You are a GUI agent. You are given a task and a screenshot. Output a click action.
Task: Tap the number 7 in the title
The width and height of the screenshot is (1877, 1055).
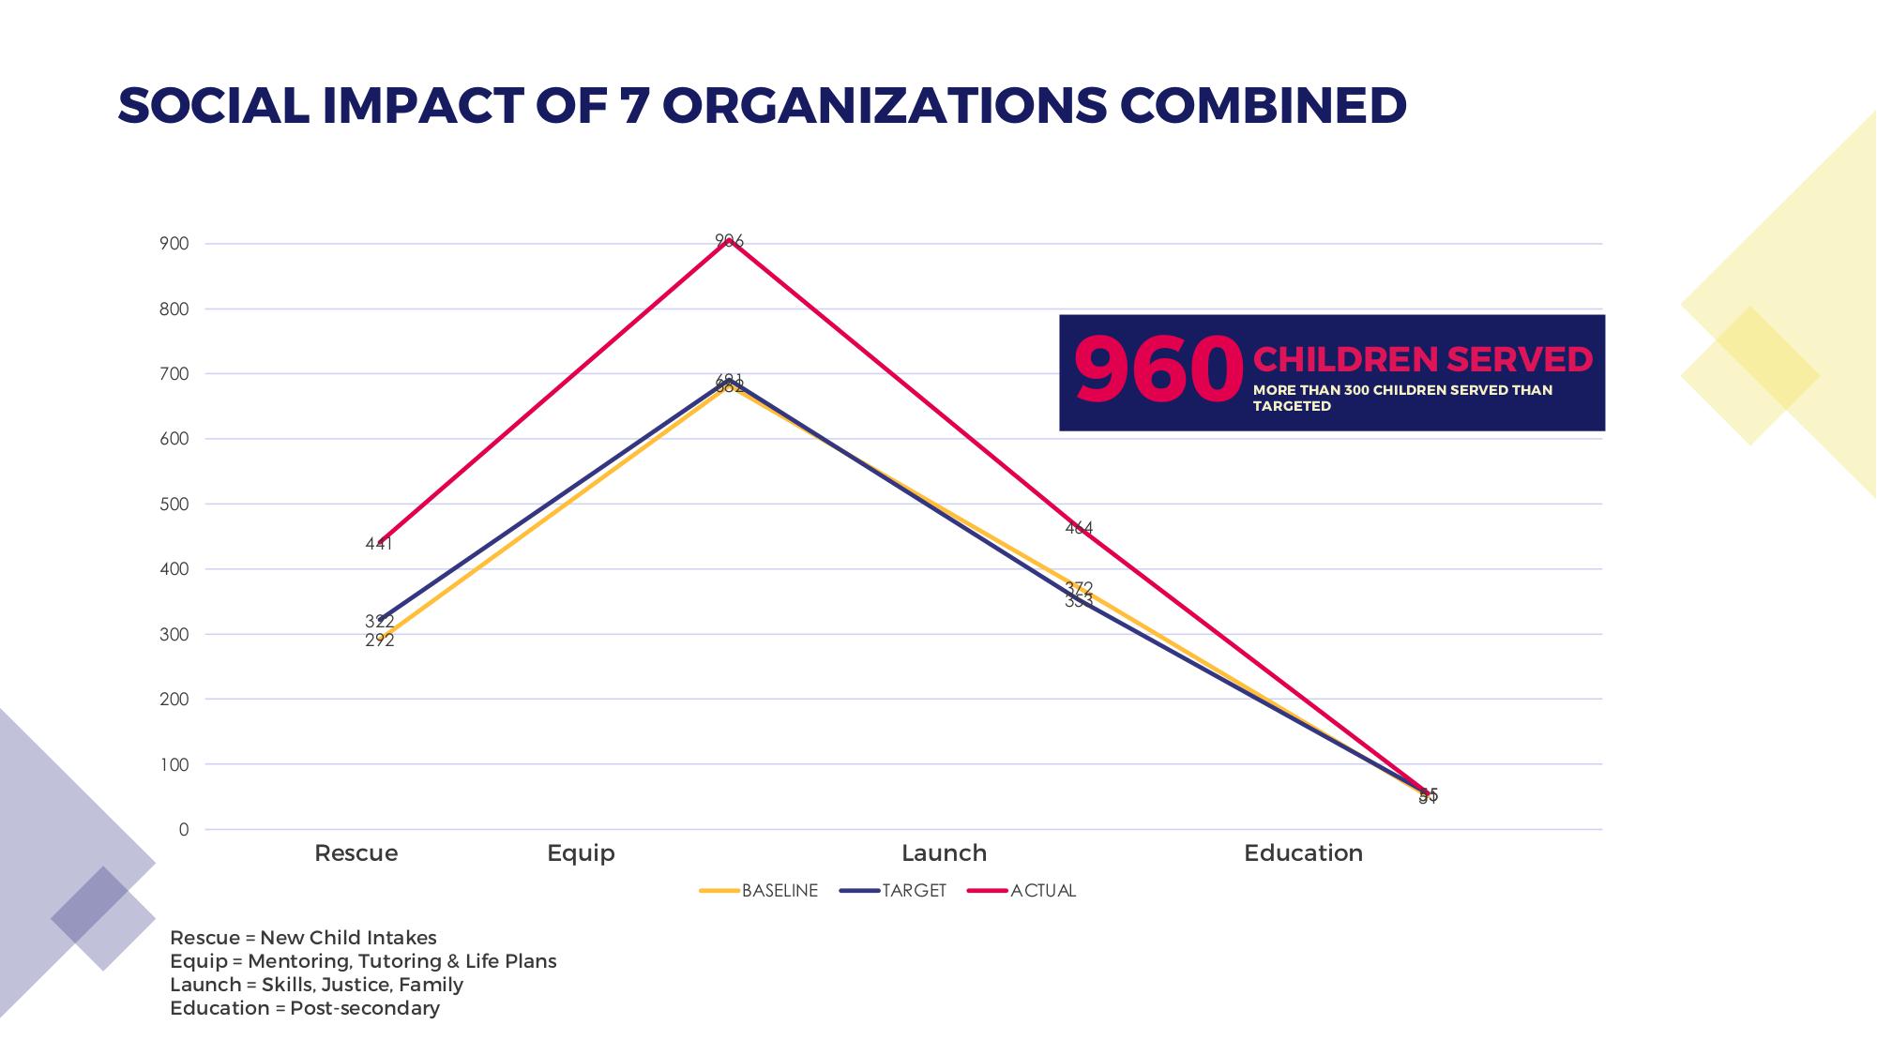(635, 105)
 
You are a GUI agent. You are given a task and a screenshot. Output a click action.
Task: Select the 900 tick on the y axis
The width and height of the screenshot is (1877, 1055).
(174, 244)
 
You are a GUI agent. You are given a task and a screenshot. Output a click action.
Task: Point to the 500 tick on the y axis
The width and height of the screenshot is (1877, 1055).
(174, 505)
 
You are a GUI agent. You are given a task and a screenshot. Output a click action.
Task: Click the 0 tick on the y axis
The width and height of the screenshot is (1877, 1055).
(184, 830)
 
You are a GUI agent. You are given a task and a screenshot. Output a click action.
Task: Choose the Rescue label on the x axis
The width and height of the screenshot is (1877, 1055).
(356, 853)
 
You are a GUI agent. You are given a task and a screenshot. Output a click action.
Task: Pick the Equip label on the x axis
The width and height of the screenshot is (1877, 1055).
(581, 853)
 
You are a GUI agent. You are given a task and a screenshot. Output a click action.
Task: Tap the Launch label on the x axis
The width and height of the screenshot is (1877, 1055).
(944, 853)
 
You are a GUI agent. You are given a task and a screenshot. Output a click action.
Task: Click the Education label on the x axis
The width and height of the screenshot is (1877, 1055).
(1303, 853)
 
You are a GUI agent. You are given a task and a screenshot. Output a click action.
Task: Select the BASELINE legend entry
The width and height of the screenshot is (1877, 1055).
(779, 891)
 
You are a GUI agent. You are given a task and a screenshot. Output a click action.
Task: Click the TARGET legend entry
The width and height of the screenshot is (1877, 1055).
(913, 891)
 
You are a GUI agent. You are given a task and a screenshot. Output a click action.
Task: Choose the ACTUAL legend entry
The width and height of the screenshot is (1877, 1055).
(1042, 891)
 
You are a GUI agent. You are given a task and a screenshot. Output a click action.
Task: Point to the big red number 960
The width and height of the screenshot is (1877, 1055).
(1158, 371)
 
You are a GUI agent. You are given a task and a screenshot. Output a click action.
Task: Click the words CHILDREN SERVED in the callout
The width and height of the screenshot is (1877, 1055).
(1422, 360)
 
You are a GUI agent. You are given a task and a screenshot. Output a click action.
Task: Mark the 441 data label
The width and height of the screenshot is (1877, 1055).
(379, 544)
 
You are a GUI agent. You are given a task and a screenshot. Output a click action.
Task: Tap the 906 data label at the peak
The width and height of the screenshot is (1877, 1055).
(729, 241)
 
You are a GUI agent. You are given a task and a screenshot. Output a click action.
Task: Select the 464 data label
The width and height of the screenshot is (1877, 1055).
(1079, 529)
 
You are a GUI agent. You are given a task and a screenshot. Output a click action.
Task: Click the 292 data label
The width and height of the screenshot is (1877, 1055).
(380, 641)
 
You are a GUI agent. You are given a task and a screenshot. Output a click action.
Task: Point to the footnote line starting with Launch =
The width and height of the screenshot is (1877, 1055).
(316, 985)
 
